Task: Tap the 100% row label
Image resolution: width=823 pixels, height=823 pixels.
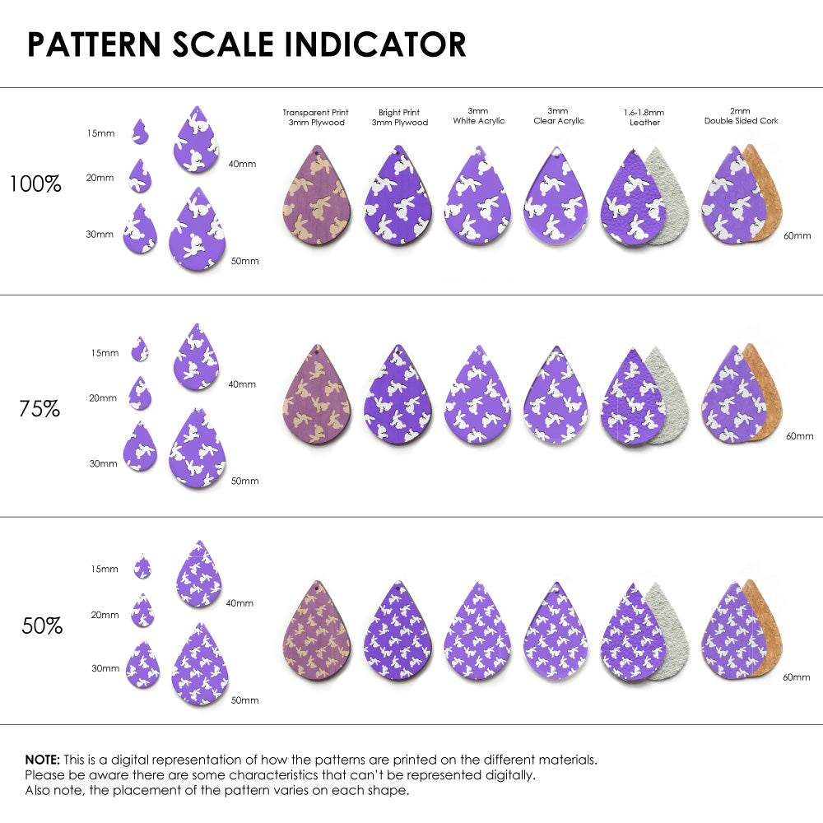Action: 35,184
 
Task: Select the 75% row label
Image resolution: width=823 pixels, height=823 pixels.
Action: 40,407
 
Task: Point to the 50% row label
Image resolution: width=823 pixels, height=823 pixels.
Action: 42,626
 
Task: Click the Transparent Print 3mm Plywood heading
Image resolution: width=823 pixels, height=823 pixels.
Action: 315,118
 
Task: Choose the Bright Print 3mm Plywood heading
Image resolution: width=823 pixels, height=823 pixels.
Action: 403,118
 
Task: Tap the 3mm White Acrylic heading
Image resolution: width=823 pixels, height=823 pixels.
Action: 478,116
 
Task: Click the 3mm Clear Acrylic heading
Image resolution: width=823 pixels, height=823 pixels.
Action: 558,116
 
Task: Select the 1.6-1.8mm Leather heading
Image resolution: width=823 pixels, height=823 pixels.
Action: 644,118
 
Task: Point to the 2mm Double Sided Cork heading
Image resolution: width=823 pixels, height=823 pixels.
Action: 741,116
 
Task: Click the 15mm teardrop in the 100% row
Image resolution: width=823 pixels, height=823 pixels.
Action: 141,131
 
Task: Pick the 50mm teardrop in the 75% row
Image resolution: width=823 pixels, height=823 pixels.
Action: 197,449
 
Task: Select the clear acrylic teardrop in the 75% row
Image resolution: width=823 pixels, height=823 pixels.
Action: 557,397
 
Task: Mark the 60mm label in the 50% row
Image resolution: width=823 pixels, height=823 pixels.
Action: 797,677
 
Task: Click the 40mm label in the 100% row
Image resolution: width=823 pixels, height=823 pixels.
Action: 242,164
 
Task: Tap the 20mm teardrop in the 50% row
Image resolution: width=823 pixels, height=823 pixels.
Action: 142,611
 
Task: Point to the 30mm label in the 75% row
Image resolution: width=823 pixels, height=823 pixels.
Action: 103,463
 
